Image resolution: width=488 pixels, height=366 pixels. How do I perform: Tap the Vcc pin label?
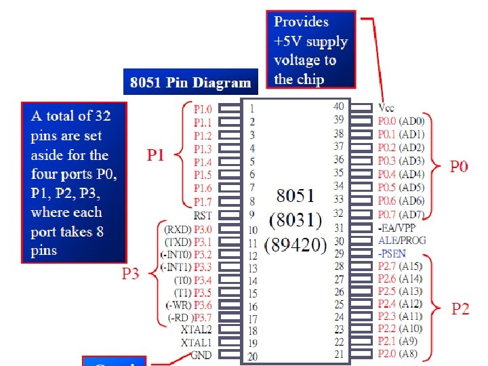[386, 108]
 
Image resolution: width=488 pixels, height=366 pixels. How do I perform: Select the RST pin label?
[203, 215]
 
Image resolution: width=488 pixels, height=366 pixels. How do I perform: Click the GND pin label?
[201, 355]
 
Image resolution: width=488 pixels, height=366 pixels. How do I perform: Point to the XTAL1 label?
[197, 342]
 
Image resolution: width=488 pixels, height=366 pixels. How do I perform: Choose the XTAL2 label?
[197, 329]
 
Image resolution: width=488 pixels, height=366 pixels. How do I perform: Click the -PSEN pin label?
[392, 253]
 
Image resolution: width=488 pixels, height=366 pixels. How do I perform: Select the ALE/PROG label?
[403, 240]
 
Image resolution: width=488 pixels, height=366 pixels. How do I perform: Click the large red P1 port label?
[156, 155]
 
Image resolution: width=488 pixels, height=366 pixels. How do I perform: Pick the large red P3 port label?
[130, 274]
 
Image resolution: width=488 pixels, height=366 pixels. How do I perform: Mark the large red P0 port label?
[460, 167]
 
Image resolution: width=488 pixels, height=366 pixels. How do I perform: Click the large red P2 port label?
[461, 309]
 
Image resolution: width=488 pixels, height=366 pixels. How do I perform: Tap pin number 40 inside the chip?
[338, 106]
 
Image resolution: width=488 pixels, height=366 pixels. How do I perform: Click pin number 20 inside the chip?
[251, 357]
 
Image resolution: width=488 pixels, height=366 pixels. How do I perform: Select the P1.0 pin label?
[202, 108]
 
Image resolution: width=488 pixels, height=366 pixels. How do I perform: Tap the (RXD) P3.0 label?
[188, 228]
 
